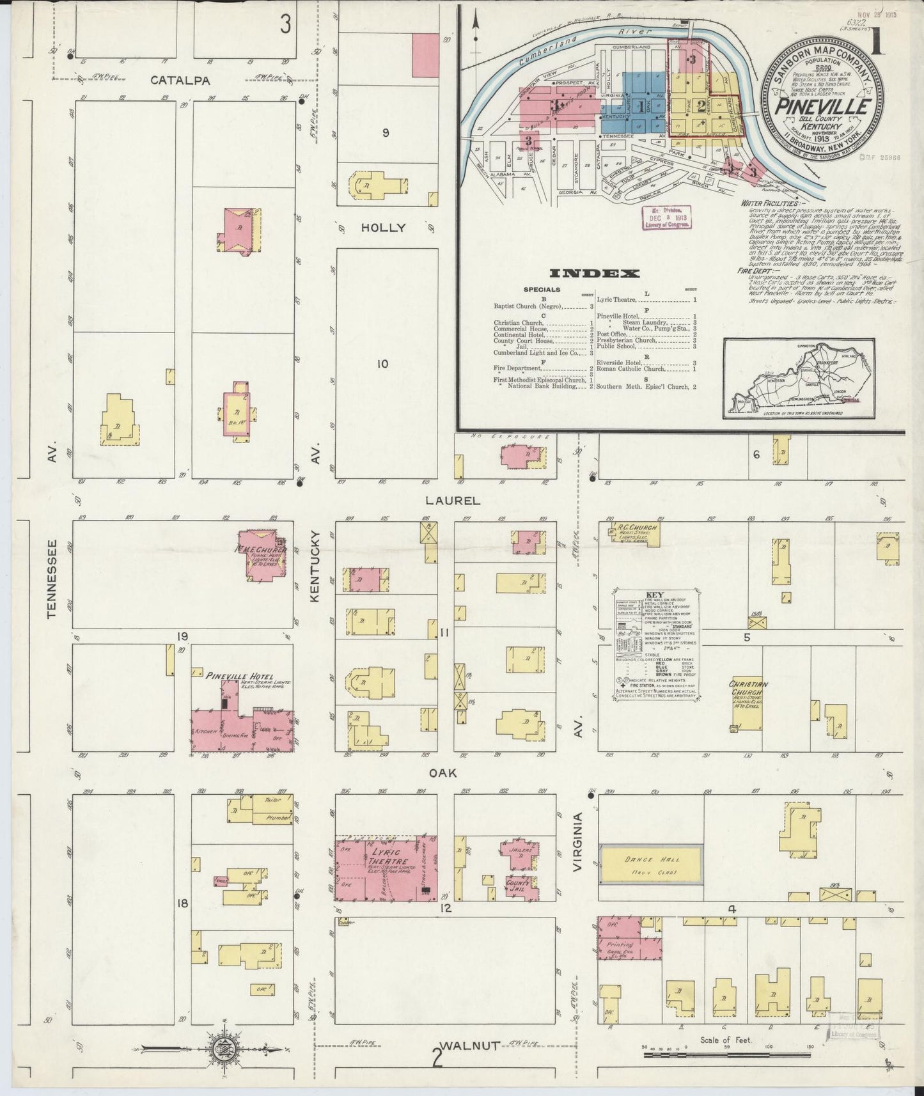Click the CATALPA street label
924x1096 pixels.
click(x=171, y=81)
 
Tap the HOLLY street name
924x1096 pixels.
click(x=383, y=228)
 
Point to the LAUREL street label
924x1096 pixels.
click(x=455, y=501)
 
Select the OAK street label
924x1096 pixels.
click(x=442, y=774)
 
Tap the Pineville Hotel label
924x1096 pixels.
click(x=240, y=676)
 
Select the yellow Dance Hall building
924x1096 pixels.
click(x=652, y=865)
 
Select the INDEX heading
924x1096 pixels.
click(x=595, y=274)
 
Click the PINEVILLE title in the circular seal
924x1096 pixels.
click(x=821, y=106)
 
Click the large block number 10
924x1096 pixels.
click(x=382, y=364)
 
